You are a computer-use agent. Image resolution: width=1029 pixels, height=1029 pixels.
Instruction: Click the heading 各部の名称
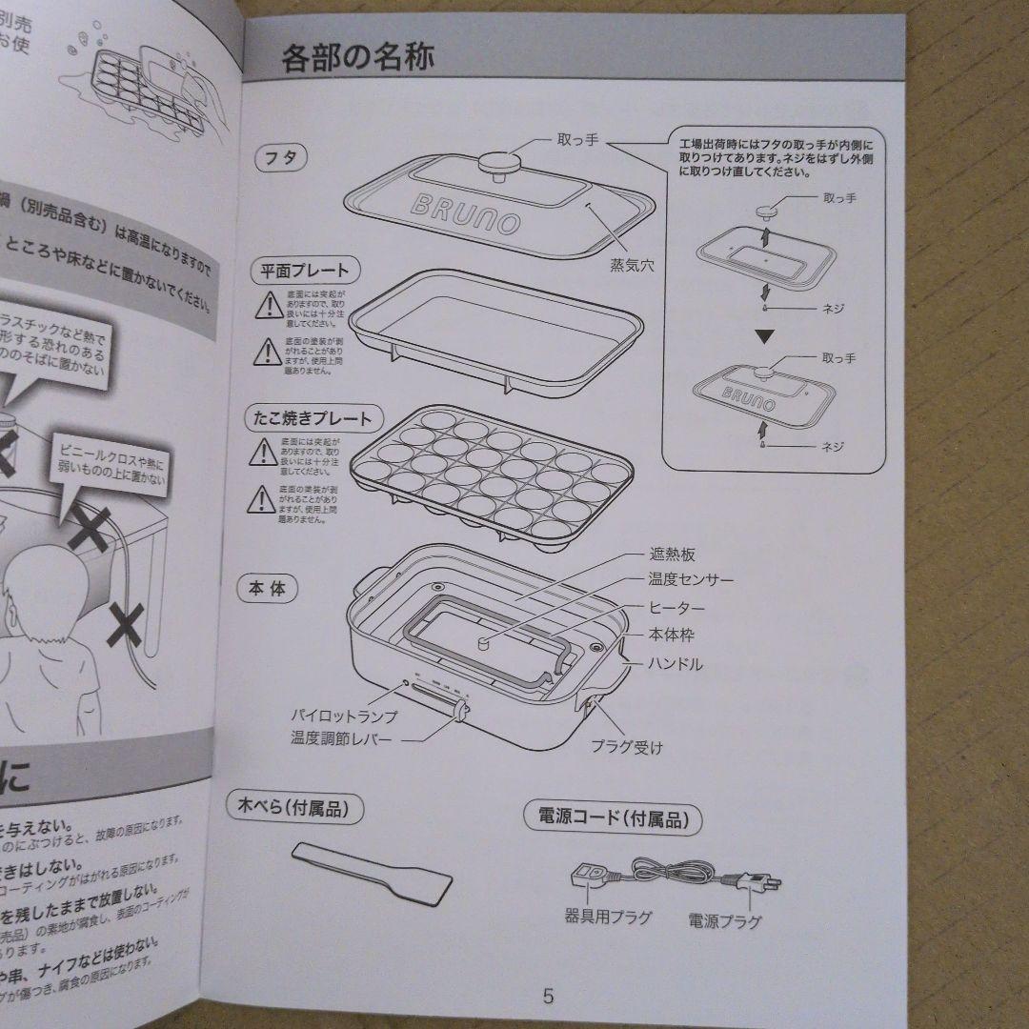coord(358,60)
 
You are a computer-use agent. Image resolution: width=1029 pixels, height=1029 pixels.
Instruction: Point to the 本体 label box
coord(267,588)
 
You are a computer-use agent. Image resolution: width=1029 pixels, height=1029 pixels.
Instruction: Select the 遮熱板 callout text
coord(673,555)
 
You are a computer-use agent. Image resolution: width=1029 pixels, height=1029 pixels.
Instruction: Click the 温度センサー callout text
coord(691,580)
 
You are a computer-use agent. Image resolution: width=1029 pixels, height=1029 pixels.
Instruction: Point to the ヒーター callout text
coord(676,609)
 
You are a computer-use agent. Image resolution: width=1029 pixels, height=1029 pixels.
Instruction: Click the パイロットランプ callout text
coord(344,716)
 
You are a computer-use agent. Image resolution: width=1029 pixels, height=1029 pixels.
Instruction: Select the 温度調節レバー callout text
coord(341,738)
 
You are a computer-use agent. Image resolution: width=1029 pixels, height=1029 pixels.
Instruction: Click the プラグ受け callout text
coord(626,747)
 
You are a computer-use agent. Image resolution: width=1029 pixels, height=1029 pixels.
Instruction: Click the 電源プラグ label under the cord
coord(725,921)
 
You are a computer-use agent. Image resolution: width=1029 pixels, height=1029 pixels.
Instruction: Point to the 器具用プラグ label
coord(608,918)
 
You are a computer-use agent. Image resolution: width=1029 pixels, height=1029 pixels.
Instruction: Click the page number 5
coord(548,997)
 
